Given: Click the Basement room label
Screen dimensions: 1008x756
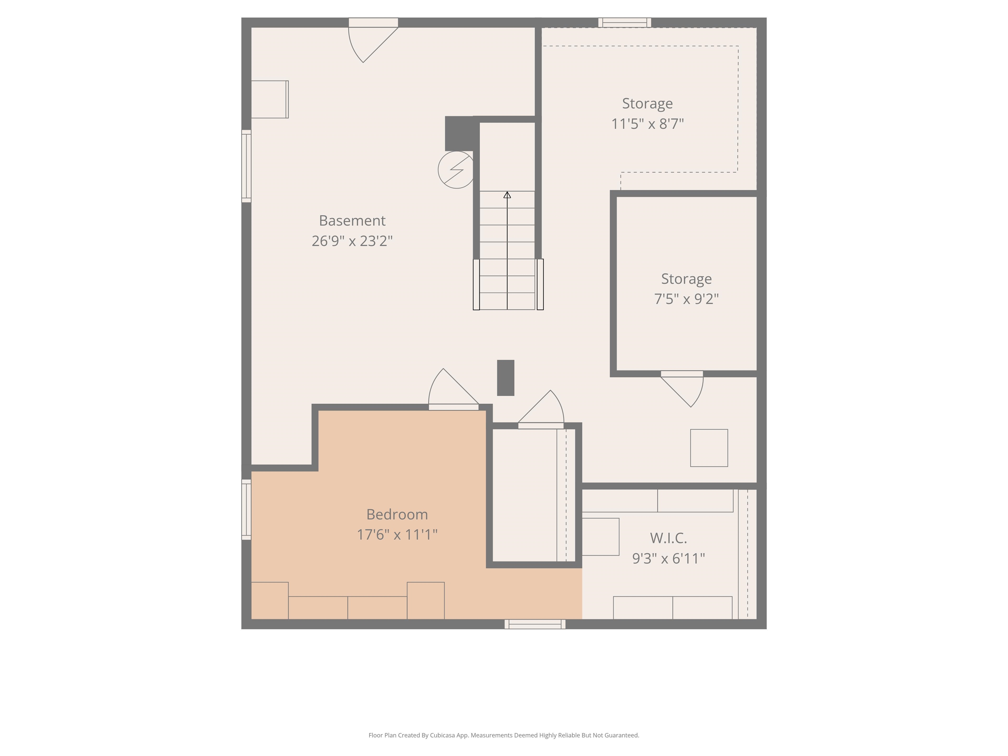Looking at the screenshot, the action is tap(352, 220).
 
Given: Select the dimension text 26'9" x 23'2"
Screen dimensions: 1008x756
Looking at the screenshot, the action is tap(352, 241).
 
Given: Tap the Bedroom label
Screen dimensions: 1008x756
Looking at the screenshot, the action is tap(397, 514).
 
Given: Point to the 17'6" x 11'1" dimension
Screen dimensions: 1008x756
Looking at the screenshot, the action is tap(397, 534).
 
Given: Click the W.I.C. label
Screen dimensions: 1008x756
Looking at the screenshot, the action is tap(668, 538).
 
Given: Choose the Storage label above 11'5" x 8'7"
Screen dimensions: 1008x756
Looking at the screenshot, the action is tap(647, 103).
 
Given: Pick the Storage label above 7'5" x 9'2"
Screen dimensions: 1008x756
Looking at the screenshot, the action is tap(686, 279).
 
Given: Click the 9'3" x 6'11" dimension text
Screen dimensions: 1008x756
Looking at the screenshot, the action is tap(668, 558).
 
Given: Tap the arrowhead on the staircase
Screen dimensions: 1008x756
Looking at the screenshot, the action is tap(507, 195).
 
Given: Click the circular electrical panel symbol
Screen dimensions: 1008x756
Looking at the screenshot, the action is tap(456, 170).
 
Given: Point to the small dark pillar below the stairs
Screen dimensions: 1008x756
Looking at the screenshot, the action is tap(505, 378).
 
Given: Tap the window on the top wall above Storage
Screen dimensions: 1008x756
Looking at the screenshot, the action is tap(624, 22).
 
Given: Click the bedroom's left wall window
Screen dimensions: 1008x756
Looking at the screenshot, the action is tap(246, 510).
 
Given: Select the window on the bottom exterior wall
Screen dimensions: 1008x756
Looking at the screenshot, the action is tap(535, 624).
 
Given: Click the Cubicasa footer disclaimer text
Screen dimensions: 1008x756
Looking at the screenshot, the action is tap(504, 735).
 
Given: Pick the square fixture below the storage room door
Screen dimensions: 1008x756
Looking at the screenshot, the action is tap(709, 448).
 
